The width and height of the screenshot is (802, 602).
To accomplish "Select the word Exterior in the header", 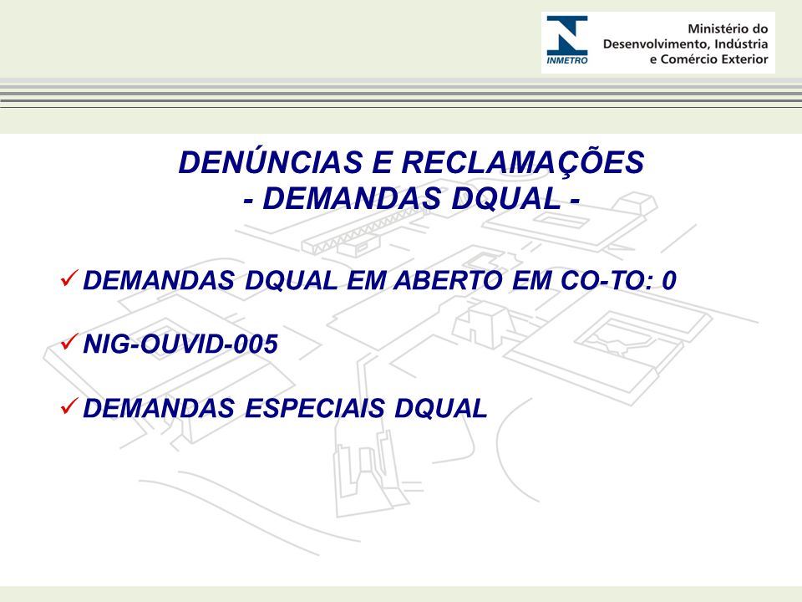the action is [744, 59].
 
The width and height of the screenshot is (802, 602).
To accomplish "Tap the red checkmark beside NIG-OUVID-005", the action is [69, 341].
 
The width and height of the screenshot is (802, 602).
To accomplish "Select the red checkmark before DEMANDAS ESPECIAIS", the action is [69, 406].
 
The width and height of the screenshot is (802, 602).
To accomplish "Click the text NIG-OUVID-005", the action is [180, 344].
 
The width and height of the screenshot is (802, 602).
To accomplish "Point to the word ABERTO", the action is [448, 281].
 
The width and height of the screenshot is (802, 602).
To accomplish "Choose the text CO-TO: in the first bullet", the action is [607, 281].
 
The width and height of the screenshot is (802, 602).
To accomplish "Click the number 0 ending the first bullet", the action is [669, 281].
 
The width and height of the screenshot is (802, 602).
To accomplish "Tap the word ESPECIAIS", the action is [315, 408].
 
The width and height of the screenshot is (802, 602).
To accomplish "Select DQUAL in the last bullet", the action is [441, 408].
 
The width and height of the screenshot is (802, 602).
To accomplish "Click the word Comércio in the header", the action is [688, 59].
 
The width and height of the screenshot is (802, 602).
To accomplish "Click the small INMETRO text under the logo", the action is [567, 60].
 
